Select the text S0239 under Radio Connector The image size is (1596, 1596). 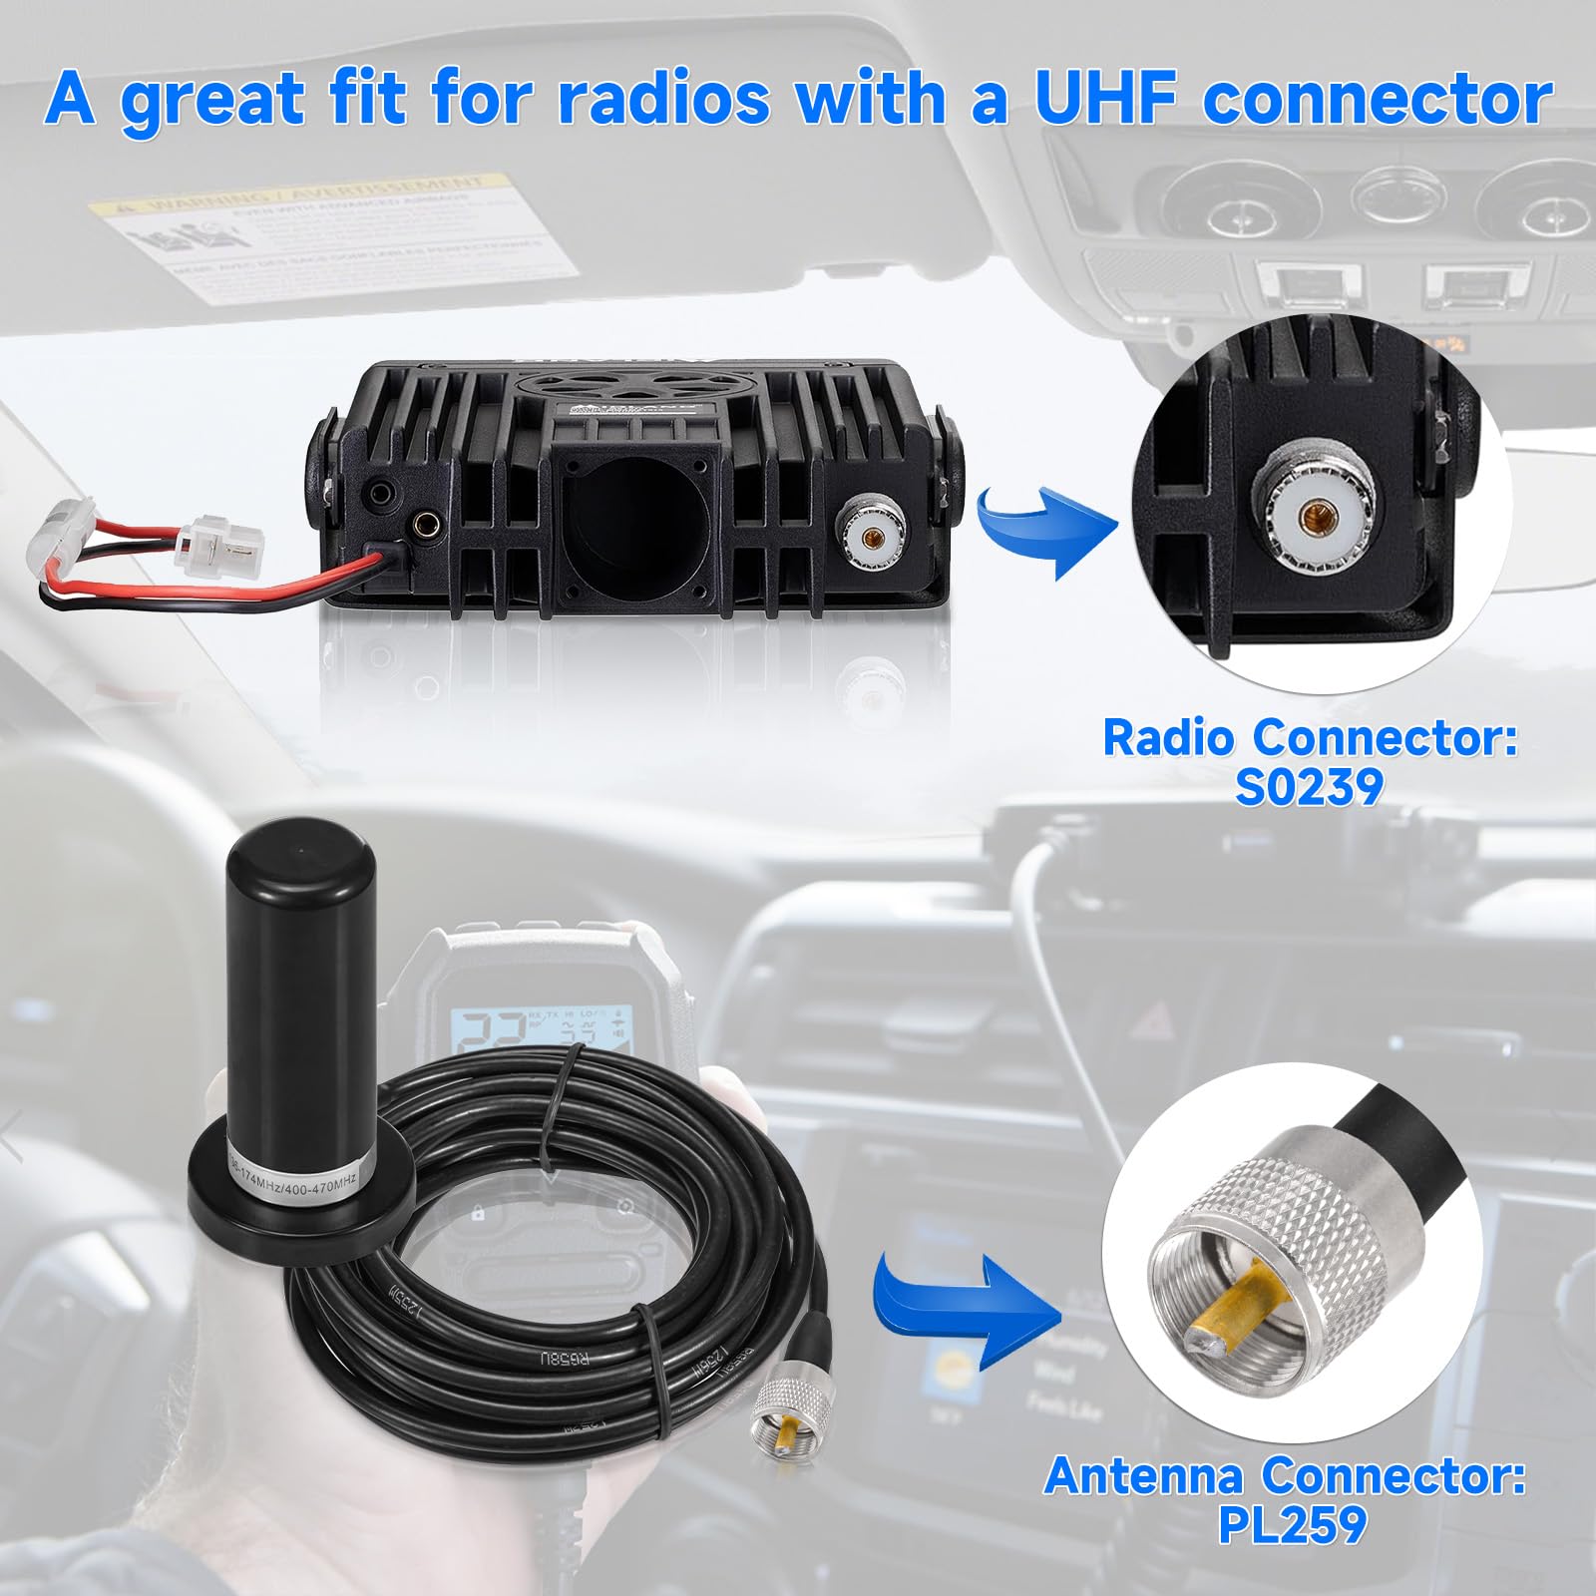(1309, 786)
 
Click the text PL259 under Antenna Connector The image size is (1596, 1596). (1292, 1524)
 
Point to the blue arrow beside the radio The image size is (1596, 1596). (1046, 528)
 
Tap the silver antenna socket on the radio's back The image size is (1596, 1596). (874, 536)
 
